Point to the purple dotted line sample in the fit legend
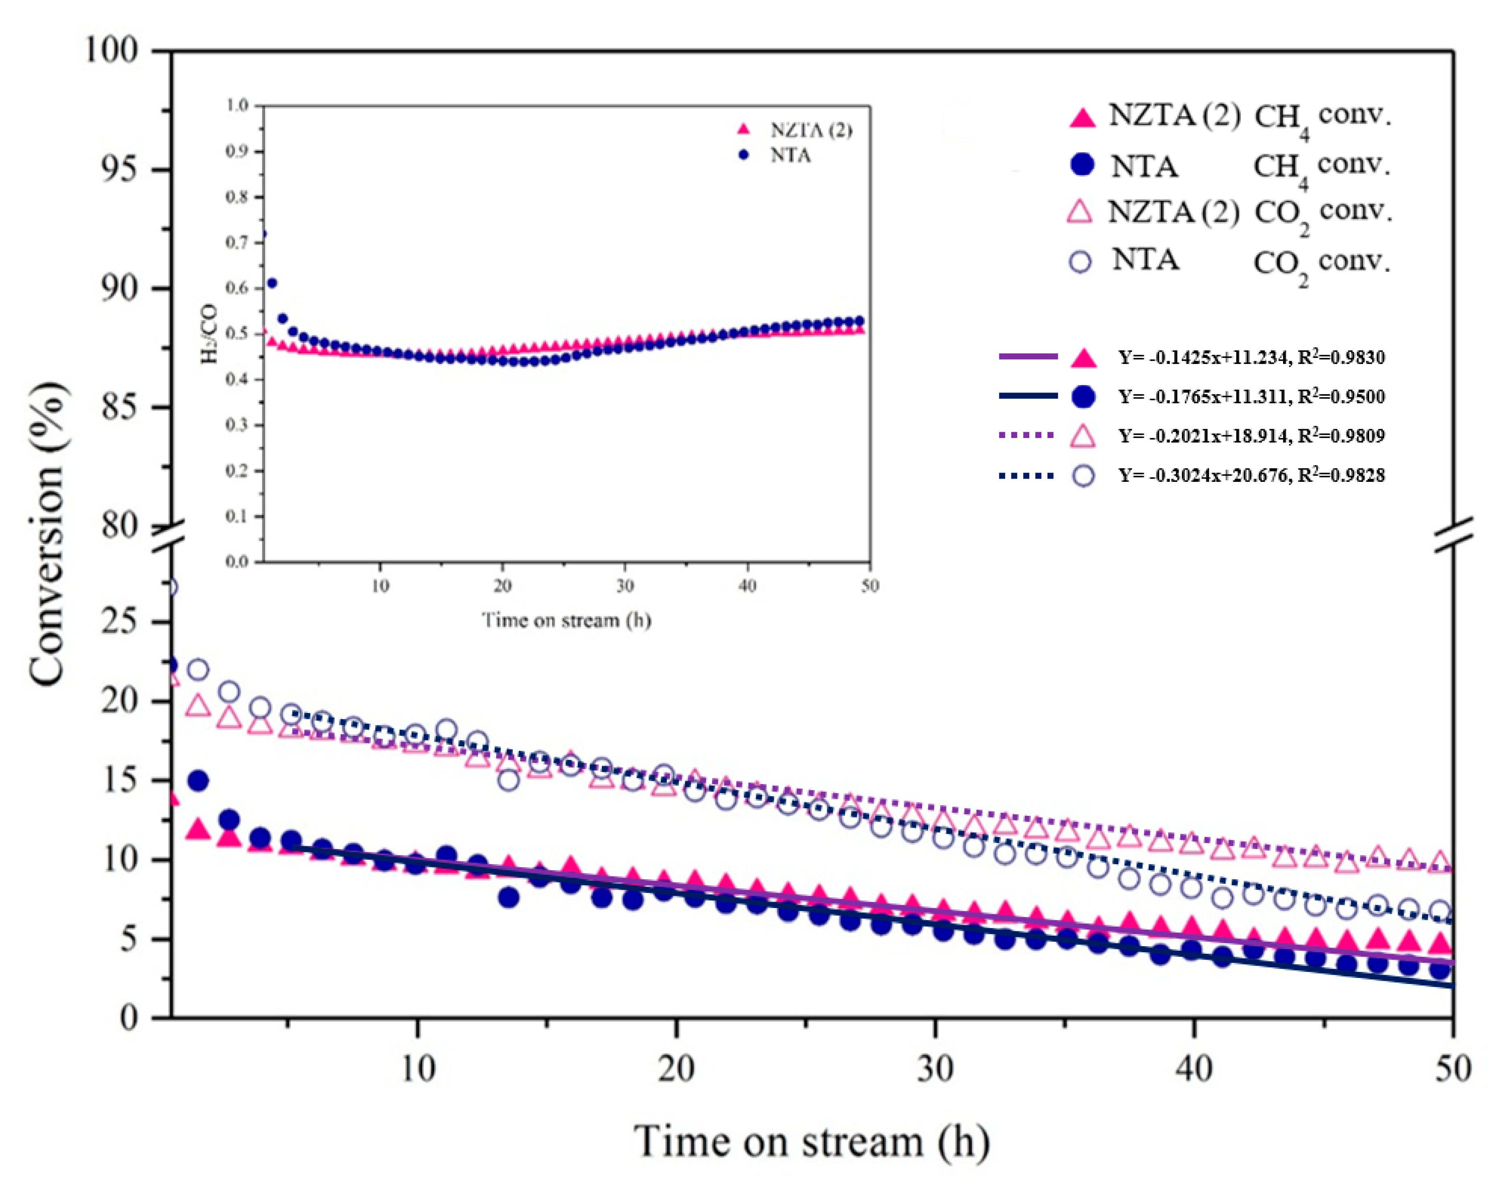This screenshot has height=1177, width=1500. (1027, 436)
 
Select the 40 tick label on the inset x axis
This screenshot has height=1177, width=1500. (747, 586)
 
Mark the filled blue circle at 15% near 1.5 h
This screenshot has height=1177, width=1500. (199, 781)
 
